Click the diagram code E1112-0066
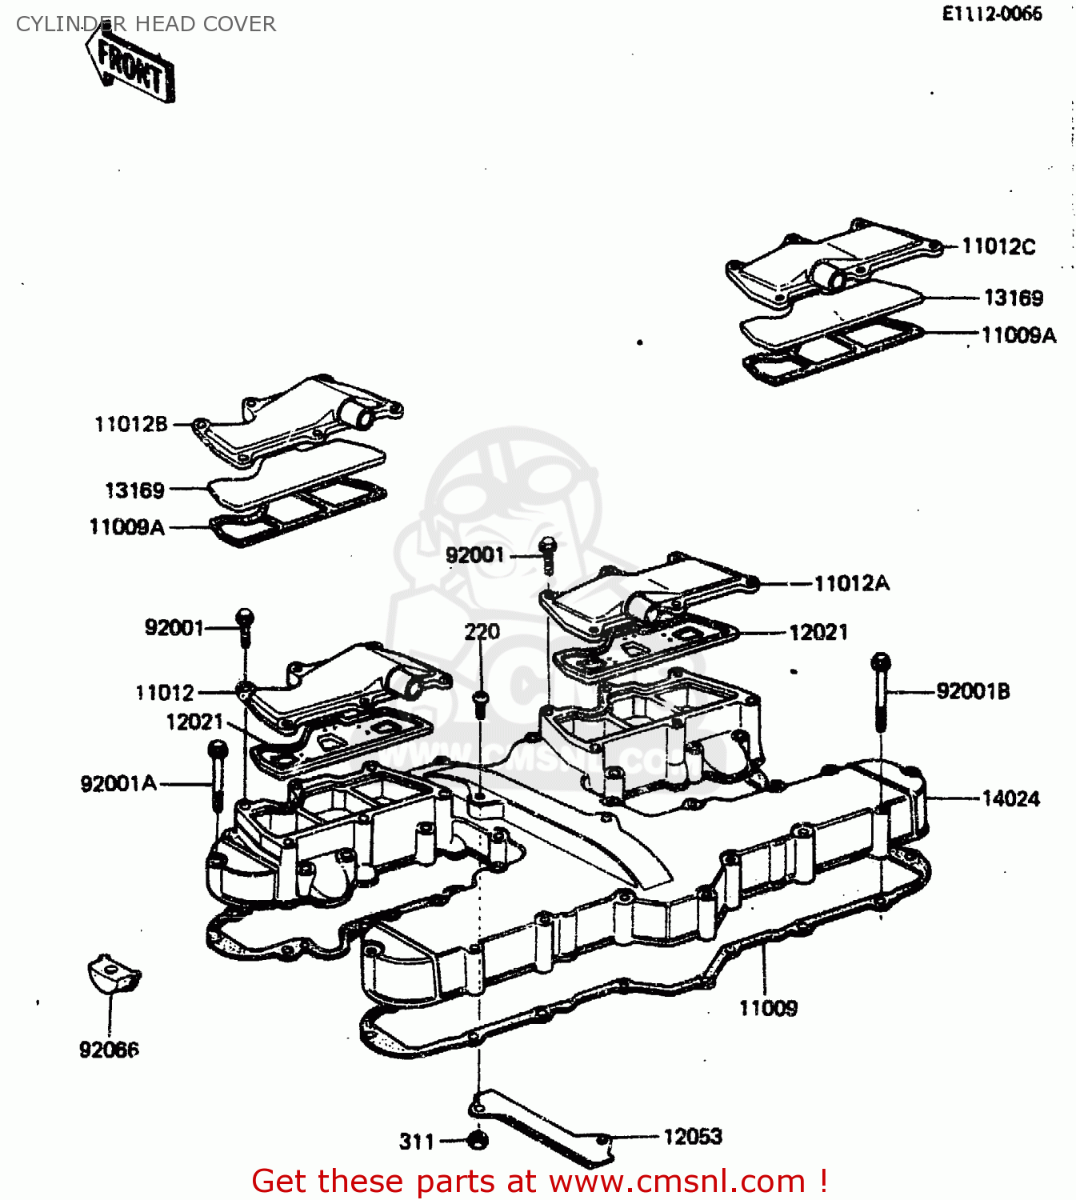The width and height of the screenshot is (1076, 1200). [991, 14]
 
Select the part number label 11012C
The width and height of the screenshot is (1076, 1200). [998, 246]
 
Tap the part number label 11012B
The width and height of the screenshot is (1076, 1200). [130, 424]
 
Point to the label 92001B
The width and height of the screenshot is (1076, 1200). [973, 691]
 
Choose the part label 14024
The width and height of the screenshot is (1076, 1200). [1010, 798]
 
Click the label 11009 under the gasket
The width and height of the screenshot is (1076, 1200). [767, 1008]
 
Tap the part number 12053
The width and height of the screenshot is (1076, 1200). [692, 1136]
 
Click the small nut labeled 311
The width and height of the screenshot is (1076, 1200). [478, 1139]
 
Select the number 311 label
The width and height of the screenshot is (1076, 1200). [417, 1142]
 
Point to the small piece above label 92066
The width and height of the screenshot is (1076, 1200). [114, 974]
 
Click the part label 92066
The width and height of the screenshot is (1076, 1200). [109, 1050]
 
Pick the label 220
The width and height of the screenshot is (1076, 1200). [482, 632]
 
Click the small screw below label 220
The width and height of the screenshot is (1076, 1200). [480, 704]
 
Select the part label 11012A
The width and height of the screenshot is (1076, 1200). [851, 583]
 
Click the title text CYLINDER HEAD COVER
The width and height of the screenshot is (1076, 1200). [146, 24]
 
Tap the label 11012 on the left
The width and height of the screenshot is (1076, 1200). [165, 692]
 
